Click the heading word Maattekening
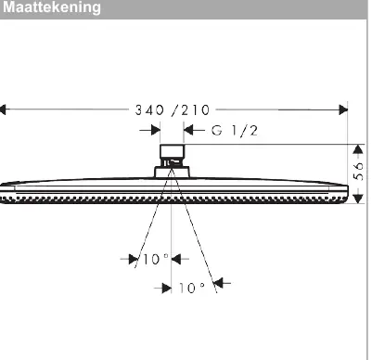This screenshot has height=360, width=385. click(x=52, y=7)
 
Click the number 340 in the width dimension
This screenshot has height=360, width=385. click(x=149, y=109)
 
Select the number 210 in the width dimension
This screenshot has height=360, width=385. click(x=196, y=109)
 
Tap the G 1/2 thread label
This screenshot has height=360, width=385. click(x=235, y=131)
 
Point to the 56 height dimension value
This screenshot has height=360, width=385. click(x=358, y=171)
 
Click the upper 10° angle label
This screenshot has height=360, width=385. click(x=156, y=259)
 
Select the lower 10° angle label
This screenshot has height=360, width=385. click(x=192, y=288)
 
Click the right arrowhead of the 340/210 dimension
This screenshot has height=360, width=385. click(x=343, y=109)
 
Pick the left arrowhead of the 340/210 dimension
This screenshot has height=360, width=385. click(x=3, y=109)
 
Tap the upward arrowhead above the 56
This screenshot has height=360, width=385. click(x=358, y=149)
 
